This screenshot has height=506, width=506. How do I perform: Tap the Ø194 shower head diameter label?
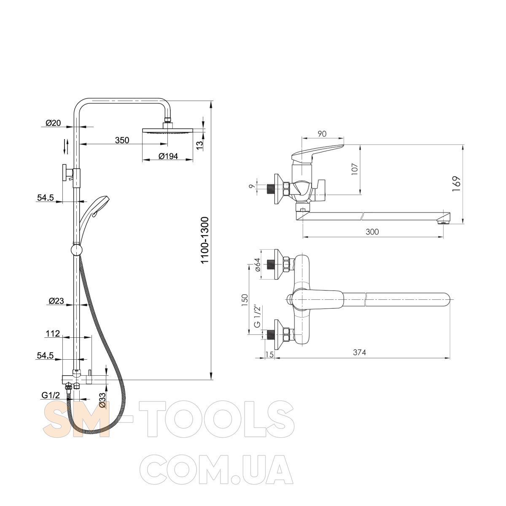click(168, 156)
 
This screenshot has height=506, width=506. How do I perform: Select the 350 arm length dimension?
click(122, 140)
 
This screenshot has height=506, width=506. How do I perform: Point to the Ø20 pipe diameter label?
click(53, 123)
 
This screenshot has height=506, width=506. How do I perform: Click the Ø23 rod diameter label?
click(56, 301)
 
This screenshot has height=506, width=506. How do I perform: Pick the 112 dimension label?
click(53, 334)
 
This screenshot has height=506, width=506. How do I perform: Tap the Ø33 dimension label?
click(102, 401)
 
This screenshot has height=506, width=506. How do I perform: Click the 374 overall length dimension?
click(359, 352)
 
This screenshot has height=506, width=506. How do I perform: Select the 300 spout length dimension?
click(372, 231)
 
